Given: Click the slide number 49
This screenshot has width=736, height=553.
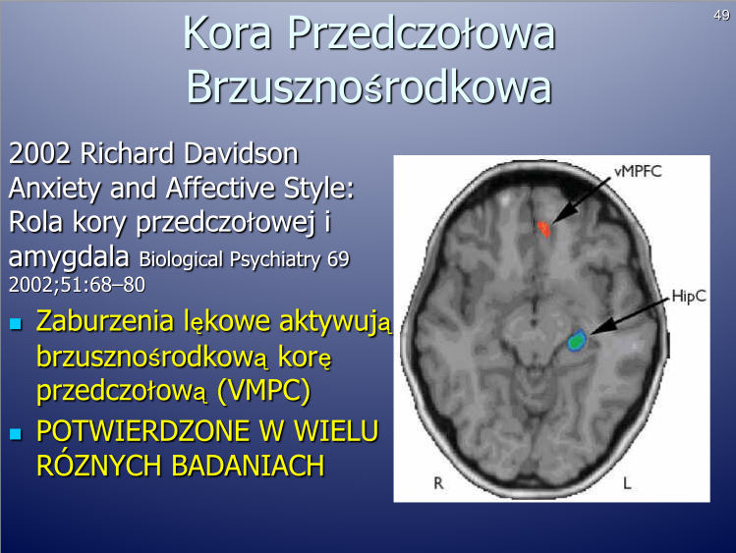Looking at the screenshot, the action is tap(721, 16).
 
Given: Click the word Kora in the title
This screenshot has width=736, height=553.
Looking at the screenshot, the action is tap(228, 32).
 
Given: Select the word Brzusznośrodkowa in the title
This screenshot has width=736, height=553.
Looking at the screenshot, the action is tap(368, 86).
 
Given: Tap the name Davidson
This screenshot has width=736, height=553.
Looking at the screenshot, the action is tap(241, 153).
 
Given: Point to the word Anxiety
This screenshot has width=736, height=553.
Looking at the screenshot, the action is tap(55, 190).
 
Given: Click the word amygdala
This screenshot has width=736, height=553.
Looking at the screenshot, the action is tap(69, 257).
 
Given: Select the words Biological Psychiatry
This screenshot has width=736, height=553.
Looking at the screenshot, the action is tap(228, 259).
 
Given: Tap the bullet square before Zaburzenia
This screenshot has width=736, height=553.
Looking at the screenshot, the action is tap(16, 323).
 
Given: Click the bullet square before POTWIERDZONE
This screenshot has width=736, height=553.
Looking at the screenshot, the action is tap(16, 433).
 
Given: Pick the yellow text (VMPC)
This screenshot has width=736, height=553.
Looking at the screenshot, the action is tap(263, 390).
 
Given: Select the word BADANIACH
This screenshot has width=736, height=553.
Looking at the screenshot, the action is tap(248, 466).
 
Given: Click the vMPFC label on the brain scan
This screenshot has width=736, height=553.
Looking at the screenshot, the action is tap(638, 171).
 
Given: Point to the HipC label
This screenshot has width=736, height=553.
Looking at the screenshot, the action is tap(689, 297).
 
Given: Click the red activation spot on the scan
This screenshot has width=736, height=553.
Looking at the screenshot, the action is tap(544, 229).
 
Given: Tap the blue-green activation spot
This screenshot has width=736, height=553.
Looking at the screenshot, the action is tap(577, 341).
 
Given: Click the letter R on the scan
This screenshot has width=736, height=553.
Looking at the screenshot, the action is tap(438, 482).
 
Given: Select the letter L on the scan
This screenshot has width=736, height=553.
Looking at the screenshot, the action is tap(627, 482).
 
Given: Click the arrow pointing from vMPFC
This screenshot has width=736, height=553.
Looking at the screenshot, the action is tap(582, 200).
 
